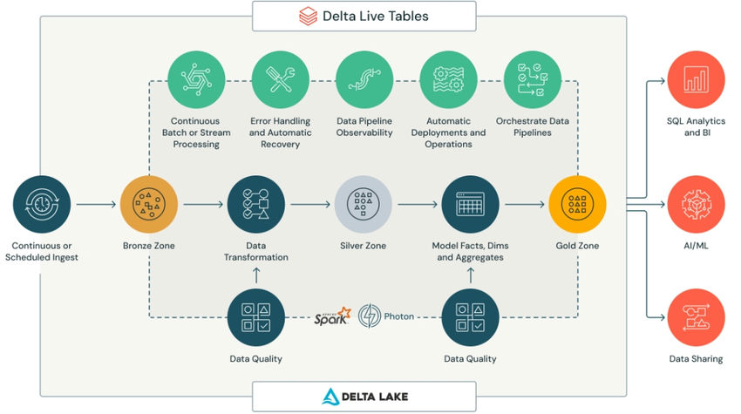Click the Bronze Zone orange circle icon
coord(148,205)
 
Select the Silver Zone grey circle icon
coord(363,205)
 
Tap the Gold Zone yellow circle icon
coord(577,205)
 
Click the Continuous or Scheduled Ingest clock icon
coord(41,205)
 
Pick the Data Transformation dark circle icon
coord(255,205)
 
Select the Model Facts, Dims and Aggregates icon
coord(470,205)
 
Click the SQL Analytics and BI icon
coord(696,80)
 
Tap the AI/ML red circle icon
coord(696,206)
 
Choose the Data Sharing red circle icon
coord(696,318)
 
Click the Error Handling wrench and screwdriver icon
coord(280,80)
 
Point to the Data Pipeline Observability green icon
coord(364,80)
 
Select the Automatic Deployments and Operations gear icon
coord(448,80)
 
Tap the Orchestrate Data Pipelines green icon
coord(532,80)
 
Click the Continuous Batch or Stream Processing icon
coord(195,80)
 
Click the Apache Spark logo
coord(332,316)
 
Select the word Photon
coord(398,316)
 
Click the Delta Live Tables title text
coord(375,16)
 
